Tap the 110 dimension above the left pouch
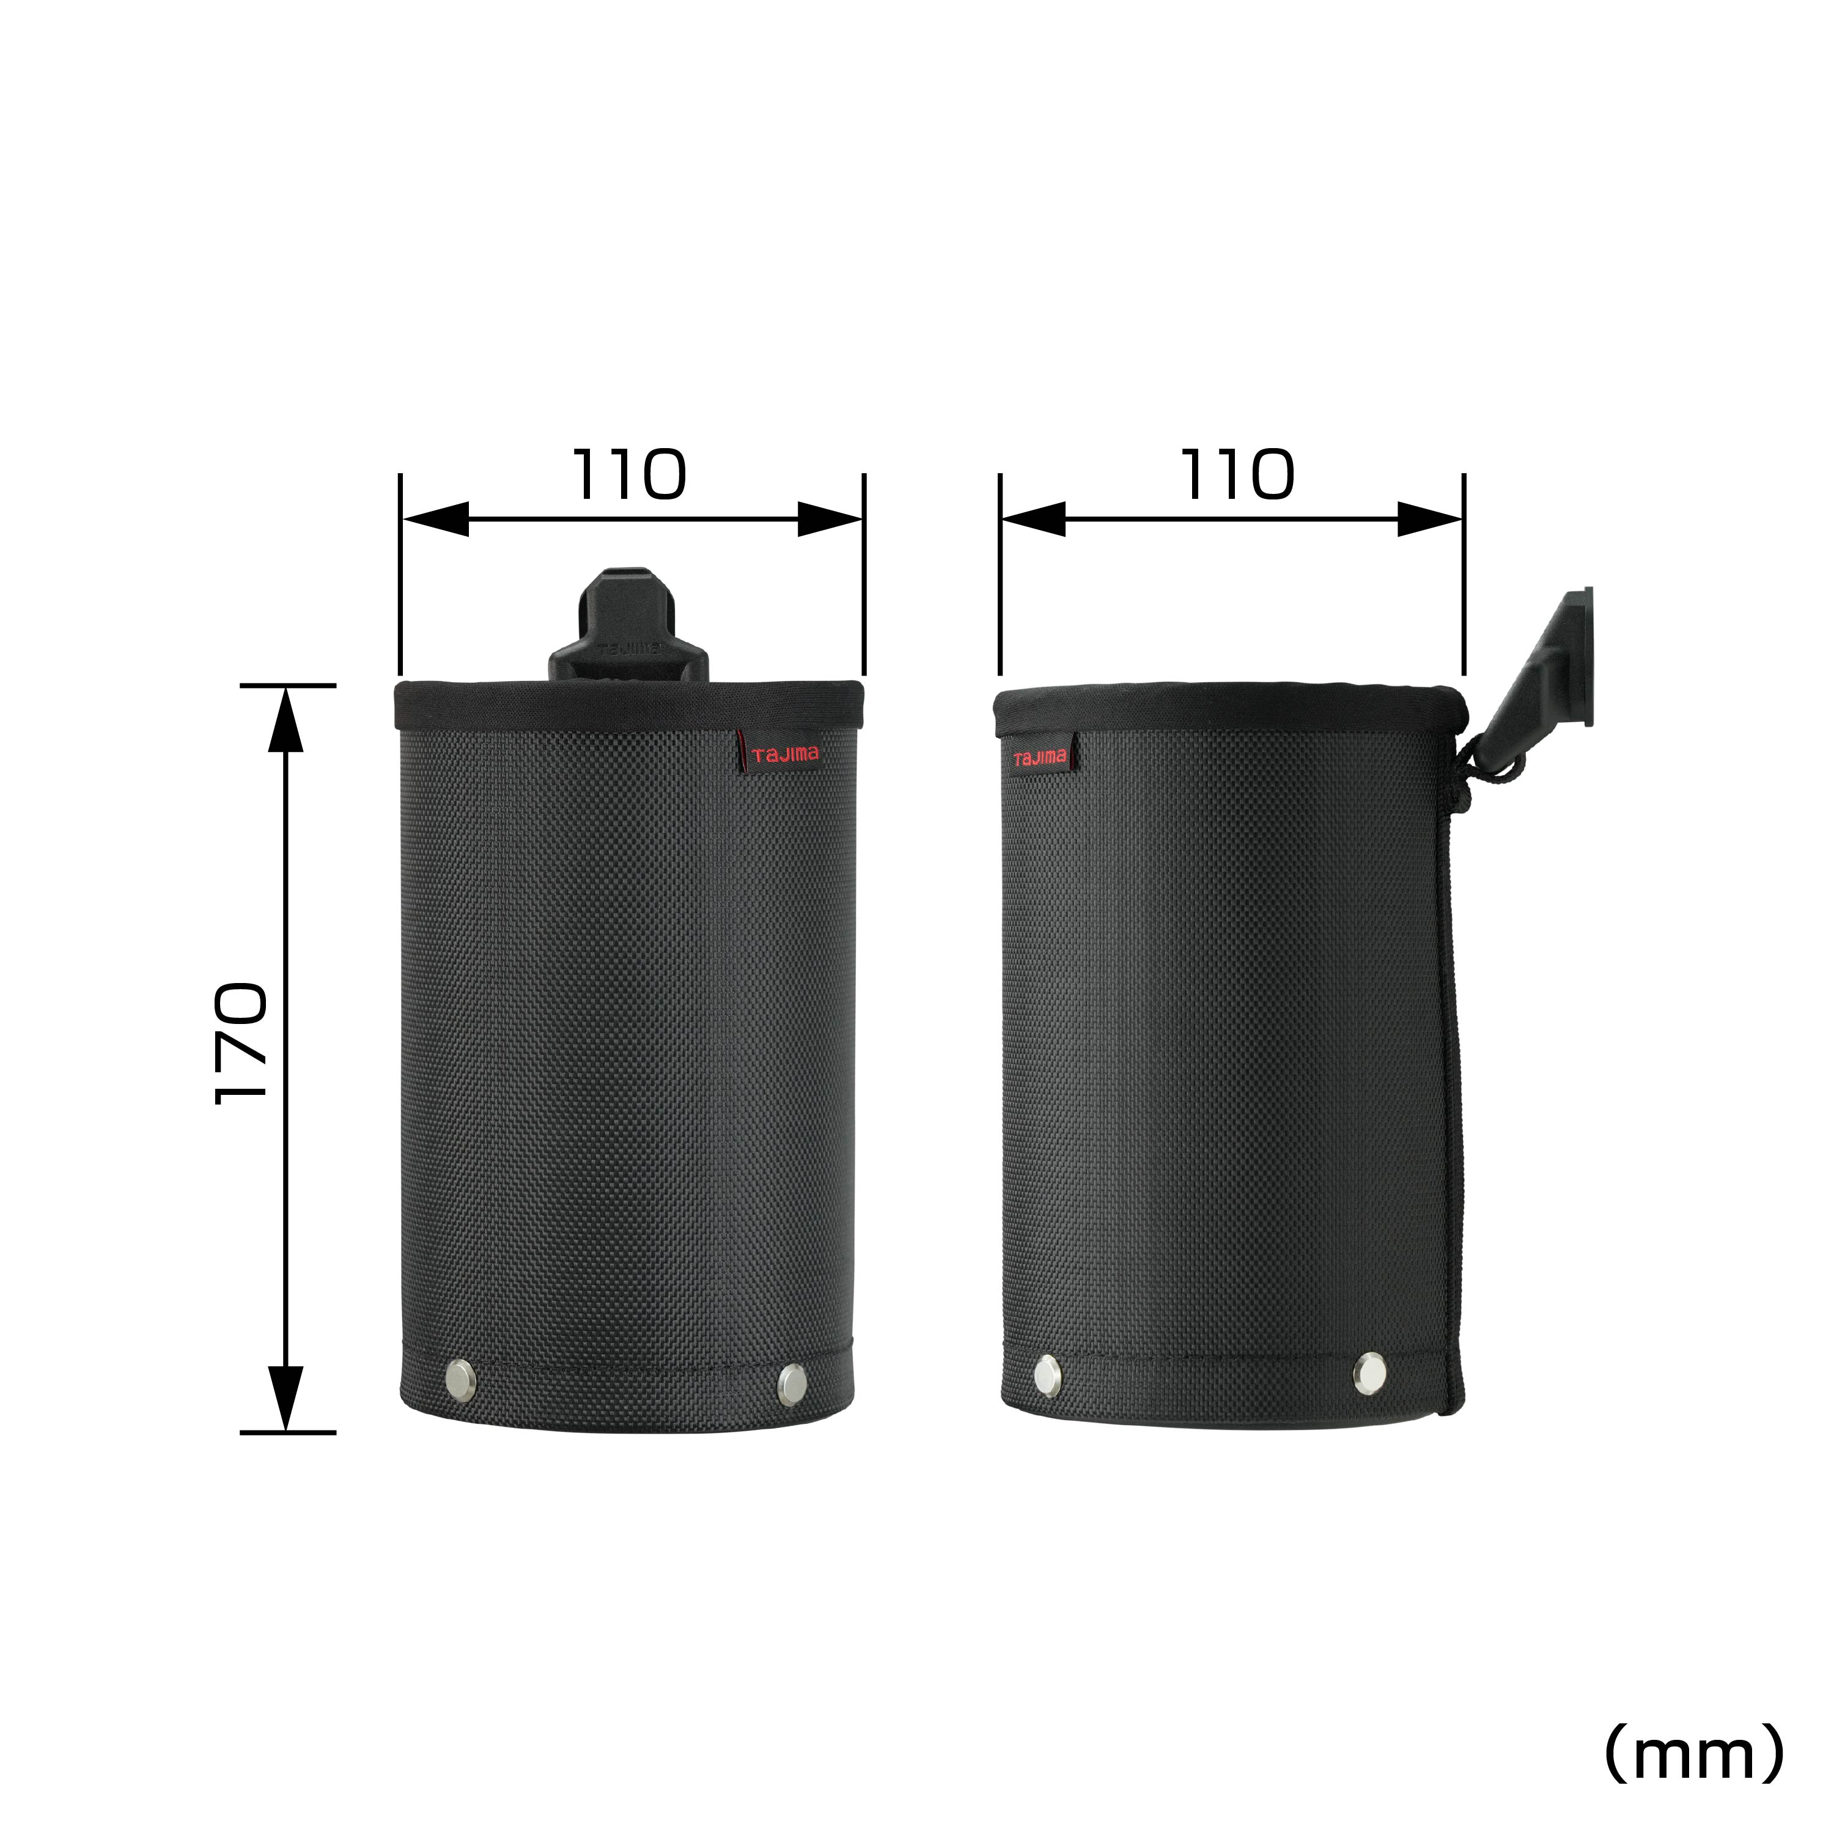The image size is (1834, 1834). tap(628, 474)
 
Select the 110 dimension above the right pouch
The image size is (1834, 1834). tap(1237, 474)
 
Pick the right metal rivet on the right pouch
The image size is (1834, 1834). tap(1369, 1372)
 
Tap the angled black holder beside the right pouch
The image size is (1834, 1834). tap(1542, 669)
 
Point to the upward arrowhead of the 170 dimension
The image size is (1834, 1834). tap(285, 718)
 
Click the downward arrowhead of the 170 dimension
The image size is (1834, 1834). tap(285, 1398)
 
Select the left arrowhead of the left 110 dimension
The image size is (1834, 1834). tap(436, 519)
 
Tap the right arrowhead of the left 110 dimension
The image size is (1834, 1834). tap(829, 519)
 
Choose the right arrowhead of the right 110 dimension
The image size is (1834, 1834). tap(1429, 519)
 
